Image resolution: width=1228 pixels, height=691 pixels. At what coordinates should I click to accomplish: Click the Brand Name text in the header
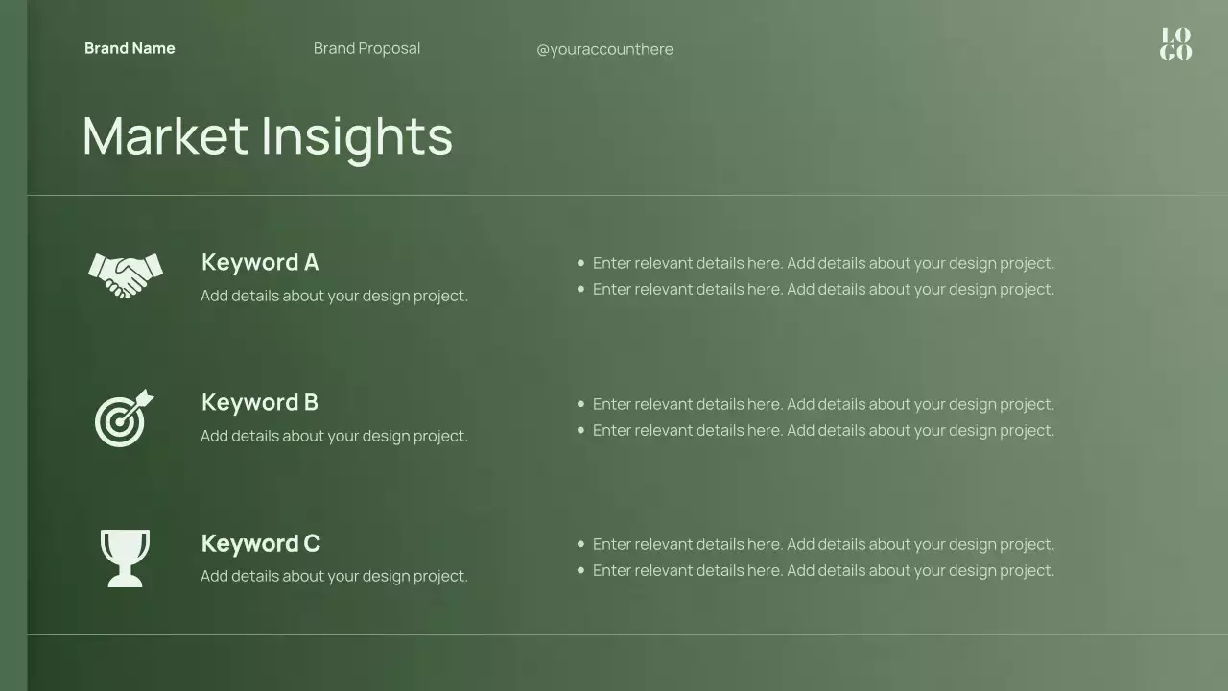(x=130, y=48)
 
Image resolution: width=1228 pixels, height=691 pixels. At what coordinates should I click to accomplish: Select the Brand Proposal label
(x=366, y=48)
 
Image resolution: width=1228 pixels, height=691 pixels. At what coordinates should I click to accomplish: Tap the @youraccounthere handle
(x=604, y=49)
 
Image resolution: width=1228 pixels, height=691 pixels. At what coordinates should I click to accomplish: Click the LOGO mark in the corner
(x=1175, y=44)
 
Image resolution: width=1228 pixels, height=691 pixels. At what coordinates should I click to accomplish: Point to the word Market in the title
(x=165, y=135)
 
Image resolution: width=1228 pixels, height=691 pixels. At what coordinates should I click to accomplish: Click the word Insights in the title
(x=356, y=137)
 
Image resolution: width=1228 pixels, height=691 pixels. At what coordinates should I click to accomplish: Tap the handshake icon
(x=125, y=274)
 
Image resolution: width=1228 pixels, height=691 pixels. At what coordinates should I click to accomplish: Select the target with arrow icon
(x=122, y=419)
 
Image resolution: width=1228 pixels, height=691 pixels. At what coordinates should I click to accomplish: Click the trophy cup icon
(x=125, y=558)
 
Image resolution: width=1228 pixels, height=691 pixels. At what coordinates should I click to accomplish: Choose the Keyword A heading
(x=259, y=262)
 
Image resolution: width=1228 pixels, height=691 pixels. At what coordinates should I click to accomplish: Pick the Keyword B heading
(x=259, y=402)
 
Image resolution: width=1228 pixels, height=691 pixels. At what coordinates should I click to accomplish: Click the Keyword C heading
(x=260, y=543)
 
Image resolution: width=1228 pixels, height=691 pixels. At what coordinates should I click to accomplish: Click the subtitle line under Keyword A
(x=334, y=296)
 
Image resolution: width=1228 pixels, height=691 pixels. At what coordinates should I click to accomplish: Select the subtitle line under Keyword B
(x=334, y=436)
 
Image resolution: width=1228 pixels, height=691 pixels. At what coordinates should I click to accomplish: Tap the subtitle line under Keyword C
(x=334, y=576)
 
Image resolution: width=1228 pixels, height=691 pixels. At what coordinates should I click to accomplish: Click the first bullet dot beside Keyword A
(x=580, y=262)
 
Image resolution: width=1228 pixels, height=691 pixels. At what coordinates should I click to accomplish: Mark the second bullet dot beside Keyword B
(x=580, y=430)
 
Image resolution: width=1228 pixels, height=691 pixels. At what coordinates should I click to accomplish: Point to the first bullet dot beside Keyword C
(x=580, y=544)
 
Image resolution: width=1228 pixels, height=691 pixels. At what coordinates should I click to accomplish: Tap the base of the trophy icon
(x=125, y=581)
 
